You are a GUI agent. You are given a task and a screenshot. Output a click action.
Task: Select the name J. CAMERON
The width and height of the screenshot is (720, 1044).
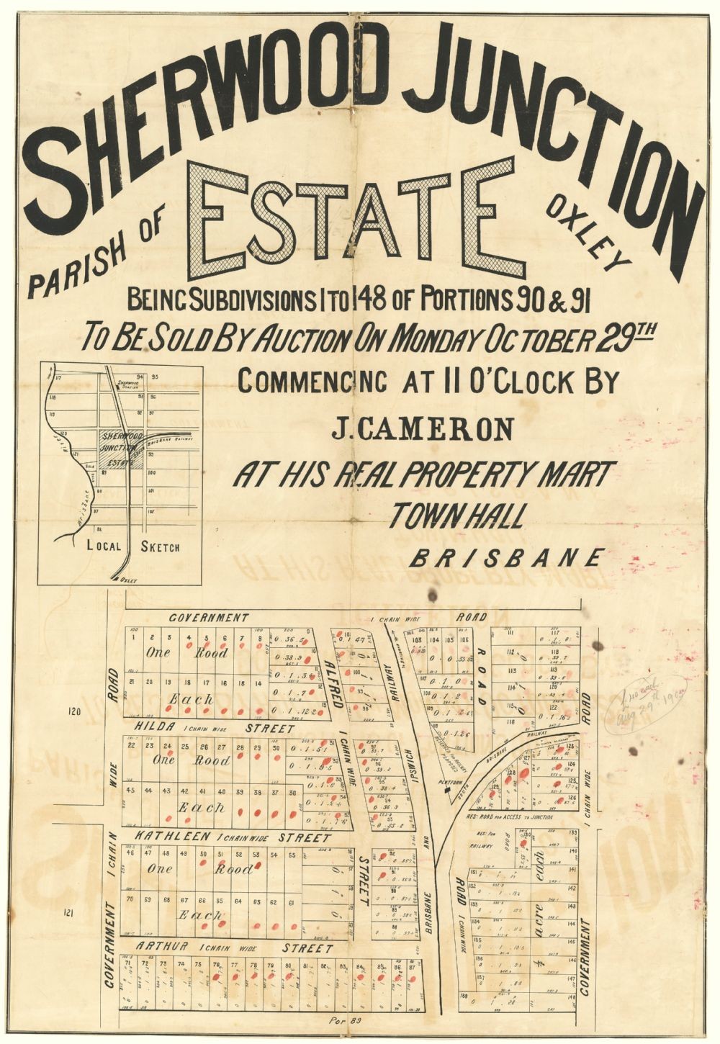(x=423, y=430)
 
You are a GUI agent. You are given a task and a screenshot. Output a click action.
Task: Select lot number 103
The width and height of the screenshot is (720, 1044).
(x=416, y=639)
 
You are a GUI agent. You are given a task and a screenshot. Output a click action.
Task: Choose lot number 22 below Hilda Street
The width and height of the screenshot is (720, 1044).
(x=131, y=744)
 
